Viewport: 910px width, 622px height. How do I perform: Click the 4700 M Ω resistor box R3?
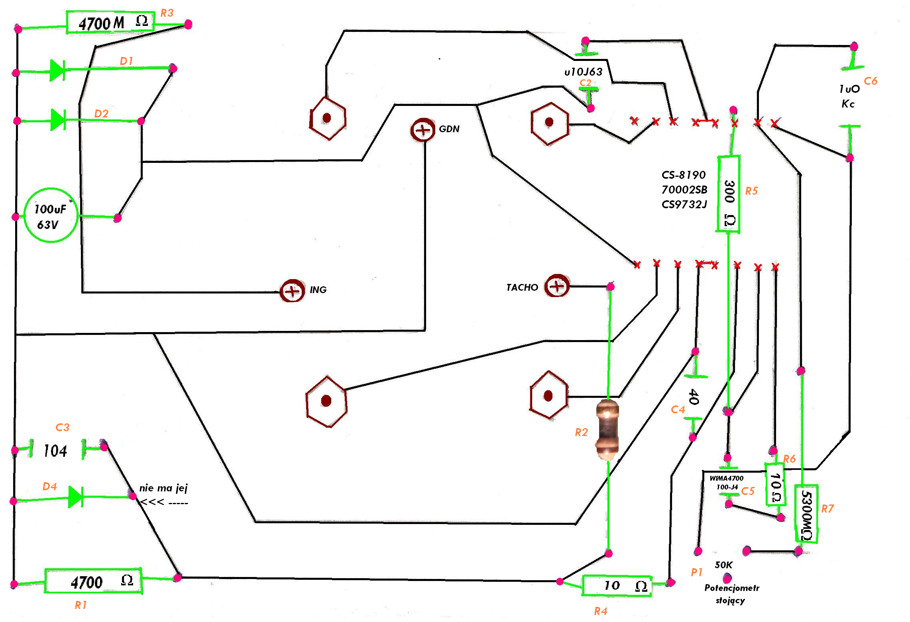(x=110, y=23)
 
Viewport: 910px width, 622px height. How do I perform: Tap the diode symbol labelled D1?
(x=57, y=70)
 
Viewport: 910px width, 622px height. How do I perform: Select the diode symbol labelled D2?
(x=58, y=119)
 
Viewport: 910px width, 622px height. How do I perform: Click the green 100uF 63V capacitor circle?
(x=51, y=215)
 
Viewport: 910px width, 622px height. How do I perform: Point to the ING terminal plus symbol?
(x=293, y=291)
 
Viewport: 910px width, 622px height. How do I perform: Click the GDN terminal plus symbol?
(x=423, y=130)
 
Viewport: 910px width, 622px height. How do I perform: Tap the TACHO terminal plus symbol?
(x=557, y=286)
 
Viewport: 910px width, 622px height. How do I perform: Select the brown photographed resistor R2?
(x=607, y=430)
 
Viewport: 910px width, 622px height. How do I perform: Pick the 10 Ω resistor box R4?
(x=617, y=585)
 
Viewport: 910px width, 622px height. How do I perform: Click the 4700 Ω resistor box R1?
(x=93, y=581)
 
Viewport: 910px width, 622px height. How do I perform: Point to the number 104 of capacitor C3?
(x=55, y=451)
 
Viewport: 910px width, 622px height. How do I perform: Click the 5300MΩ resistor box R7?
(x=806, y=514)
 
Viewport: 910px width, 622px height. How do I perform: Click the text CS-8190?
(x=684, y=175)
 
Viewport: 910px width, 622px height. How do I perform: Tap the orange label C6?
(x=871, y=81)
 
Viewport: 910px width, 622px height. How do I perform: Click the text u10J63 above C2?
(x=584, y=72)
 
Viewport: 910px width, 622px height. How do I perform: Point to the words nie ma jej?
(x=163, y=488)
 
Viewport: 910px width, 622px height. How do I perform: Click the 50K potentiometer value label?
(x=723, y=565)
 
